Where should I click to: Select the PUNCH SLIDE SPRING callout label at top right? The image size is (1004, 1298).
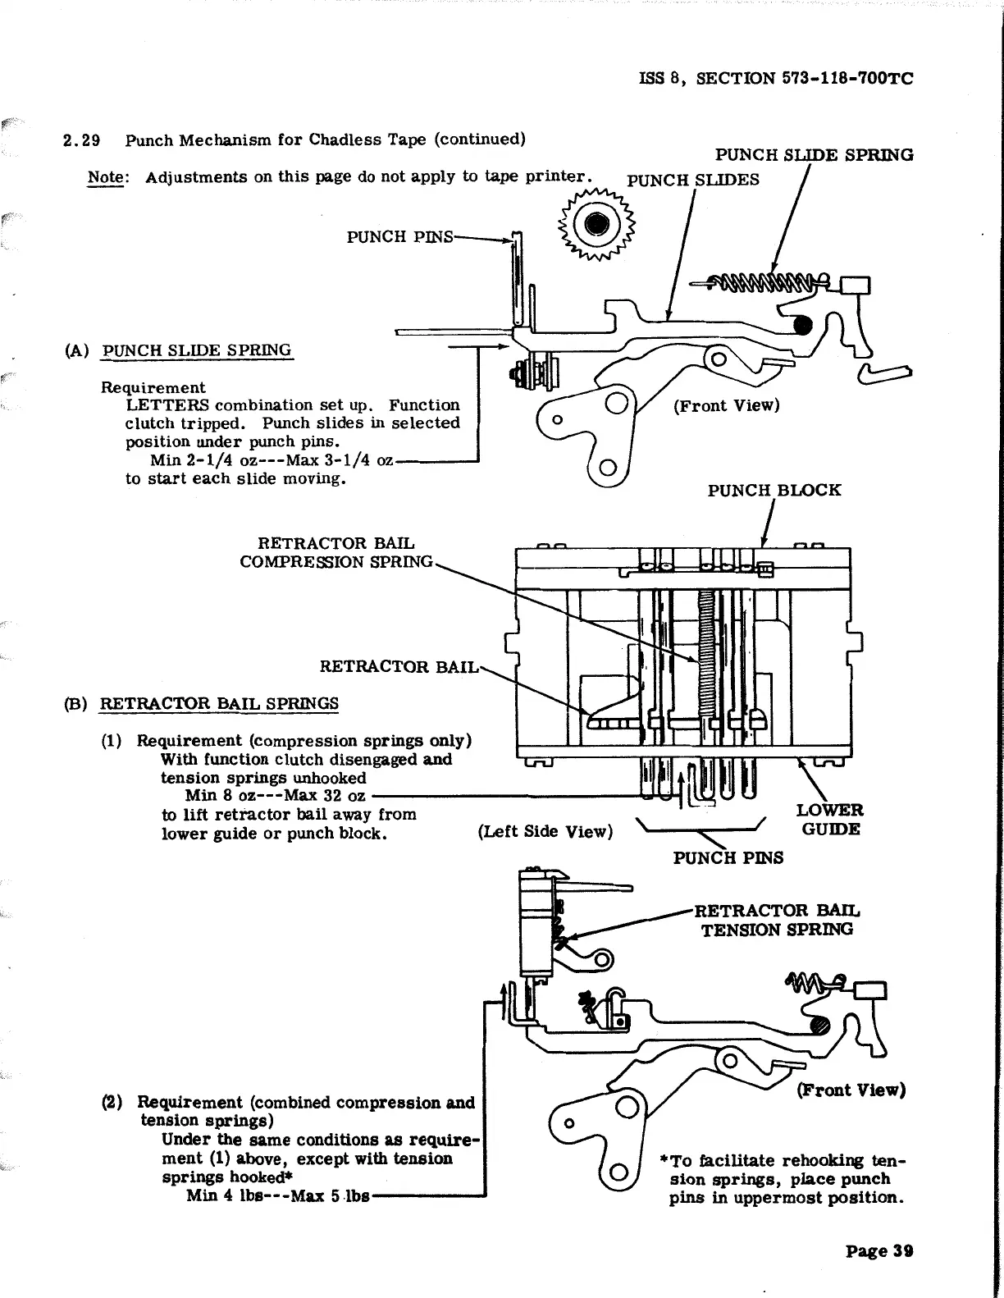814,155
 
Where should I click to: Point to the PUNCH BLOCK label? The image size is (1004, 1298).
774,491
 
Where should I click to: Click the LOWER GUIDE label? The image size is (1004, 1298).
829,820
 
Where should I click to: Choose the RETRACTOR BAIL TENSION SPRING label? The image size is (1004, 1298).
777,920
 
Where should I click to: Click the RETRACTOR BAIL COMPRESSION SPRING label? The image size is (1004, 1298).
336,552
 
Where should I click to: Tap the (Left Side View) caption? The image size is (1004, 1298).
545,832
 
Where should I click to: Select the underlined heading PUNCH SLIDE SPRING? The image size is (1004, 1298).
196,350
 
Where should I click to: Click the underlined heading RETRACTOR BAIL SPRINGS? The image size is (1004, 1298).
219,704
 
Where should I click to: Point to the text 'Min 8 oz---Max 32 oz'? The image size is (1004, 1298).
275,796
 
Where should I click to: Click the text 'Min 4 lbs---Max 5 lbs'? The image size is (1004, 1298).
277,1195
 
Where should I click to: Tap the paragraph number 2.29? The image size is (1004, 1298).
82,139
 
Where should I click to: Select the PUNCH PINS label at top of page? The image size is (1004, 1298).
399,237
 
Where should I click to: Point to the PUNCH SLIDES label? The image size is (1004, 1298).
693,180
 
